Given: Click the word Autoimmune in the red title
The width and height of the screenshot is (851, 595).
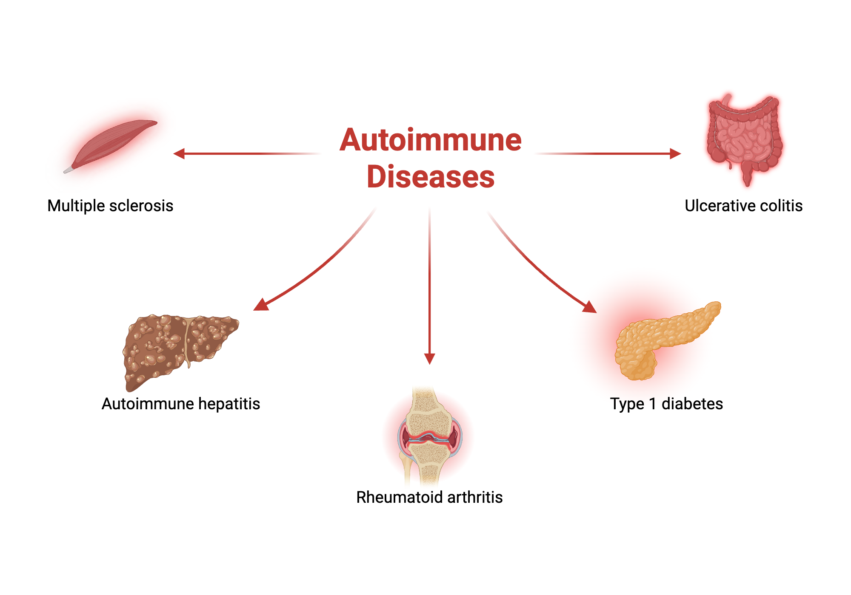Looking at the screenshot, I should (x=430, y=140).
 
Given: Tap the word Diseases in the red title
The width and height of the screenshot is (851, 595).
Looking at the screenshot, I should (x=430, y=177).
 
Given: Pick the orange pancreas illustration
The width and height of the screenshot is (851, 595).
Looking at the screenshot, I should (x=664, y=340).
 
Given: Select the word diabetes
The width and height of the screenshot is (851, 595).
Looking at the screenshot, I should (x=692, y=404).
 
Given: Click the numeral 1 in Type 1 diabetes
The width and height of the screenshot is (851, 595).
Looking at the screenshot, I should (x=653, y=404).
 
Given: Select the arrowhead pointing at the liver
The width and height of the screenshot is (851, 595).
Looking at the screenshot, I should (x=260, y=305).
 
